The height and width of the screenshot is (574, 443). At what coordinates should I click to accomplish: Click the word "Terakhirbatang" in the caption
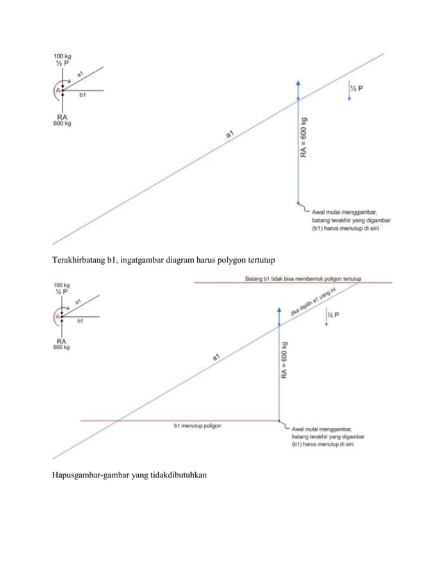point(78,261)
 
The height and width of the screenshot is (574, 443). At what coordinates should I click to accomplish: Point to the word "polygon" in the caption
point(223,261)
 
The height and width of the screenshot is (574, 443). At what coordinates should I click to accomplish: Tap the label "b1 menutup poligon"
point(197,426)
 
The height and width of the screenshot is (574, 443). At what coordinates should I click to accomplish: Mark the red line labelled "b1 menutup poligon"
point(139,420)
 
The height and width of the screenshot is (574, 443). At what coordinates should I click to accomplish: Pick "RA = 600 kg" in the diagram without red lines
point(303,137)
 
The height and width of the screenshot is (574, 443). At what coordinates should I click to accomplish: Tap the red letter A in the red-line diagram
point(58,317)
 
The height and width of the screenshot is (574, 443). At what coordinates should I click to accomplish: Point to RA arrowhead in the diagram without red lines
point(298,82)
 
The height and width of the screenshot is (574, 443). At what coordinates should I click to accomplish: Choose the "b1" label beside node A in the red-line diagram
point(81,321)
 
